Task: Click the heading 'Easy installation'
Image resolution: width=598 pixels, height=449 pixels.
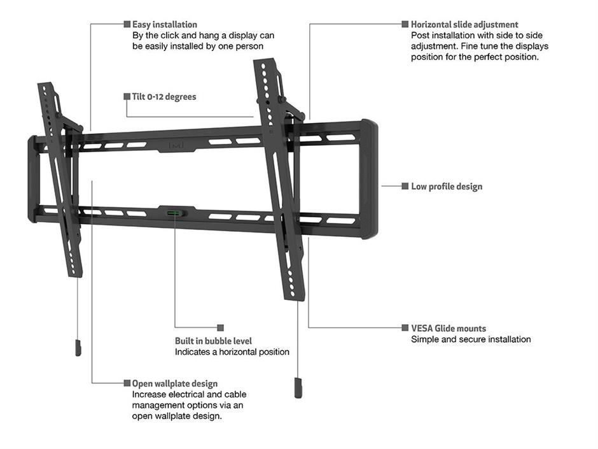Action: pos(164,24)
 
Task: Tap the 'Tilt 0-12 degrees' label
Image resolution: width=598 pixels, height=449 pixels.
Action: pos(164,97)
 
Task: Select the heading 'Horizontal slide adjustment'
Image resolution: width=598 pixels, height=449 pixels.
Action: pos(464,24)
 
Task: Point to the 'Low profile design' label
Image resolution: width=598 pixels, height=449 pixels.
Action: pos(447,187)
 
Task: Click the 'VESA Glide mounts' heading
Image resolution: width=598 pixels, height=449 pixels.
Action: pos(448,329)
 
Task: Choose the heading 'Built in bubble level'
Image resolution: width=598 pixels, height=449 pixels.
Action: pos(213,341)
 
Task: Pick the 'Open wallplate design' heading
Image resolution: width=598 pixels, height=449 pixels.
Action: pos(175,383)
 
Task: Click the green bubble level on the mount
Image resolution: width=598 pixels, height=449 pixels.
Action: pos(174,213)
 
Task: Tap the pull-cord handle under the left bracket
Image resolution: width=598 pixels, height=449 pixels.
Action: pos(78,348)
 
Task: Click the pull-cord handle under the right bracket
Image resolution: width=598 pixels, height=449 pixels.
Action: pos(298,388)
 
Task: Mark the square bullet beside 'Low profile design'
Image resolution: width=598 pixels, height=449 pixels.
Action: pos(405,186)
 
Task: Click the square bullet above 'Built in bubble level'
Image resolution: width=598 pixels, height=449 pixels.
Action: pos(221,327)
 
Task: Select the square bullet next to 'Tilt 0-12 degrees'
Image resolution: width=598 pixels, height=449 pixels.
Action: pos(127,96)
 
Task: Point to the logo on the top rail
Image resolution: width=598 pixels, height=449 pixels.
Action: pos(176,145)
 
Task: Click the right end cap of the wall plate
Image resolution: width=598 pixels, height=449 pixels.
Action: pos(369,179)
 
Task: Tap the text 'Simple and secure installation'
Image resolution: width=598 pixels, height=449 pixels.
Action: pos(471,339)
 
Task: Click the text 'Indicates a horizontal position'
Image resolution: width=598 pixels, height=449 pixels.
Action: pos(232,352)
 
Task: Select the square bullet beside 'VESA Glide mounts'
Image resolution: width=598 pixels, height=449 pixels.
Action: pos(405,327)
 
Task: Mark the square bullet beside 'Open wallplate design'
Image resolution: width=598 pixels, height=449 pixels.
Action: pos(127,383)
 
